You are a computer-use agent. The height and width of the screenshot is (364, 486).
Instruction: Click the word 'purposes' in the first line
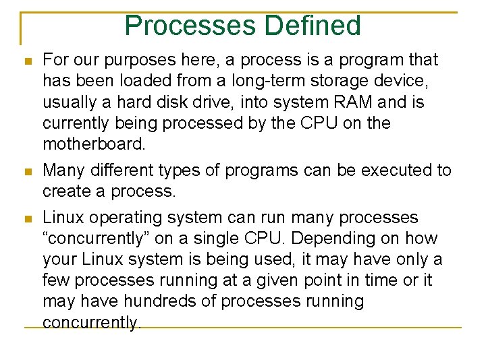point(141,60)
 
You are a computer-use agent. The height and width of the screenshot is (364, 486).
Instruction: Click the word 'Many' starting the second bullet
point(64,170)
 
